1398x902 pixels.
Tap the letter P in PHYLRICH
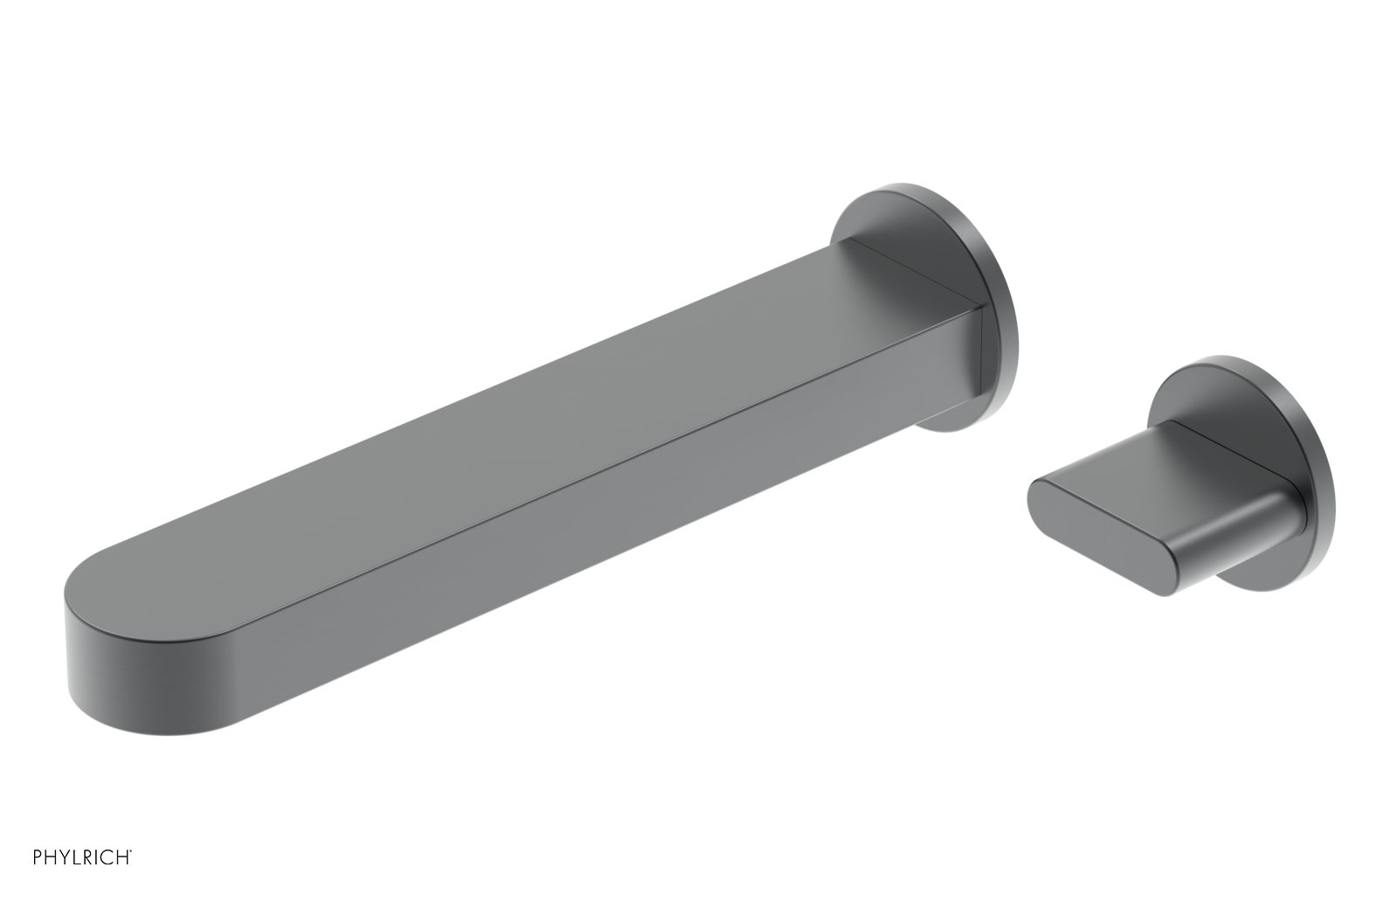pos(38,857)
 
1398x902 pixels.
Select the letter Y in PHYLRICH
pos(65,857)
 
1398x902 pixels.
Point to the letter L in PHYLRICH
pos(77,857)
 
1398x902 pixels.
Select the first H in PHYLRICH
pos(51,857)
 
